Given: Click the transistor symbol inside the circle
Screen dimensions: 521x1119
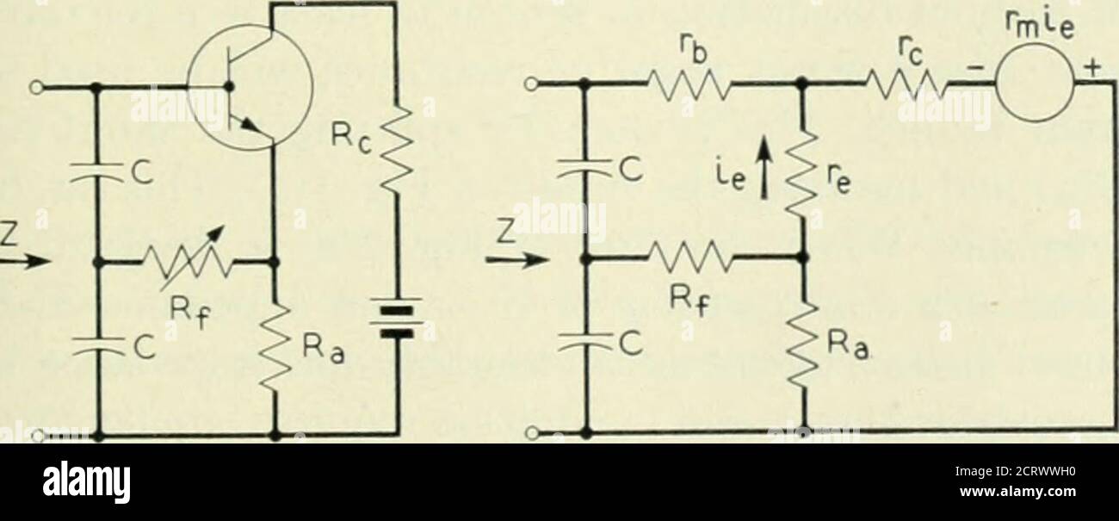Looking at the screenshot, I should click(250, 86).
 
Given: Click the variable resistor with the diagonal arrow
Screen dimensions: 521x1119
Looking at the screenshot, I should click(185, 258).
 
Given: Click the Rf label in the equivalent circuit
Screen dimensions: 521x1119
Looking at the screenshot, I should click(689, 301).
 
